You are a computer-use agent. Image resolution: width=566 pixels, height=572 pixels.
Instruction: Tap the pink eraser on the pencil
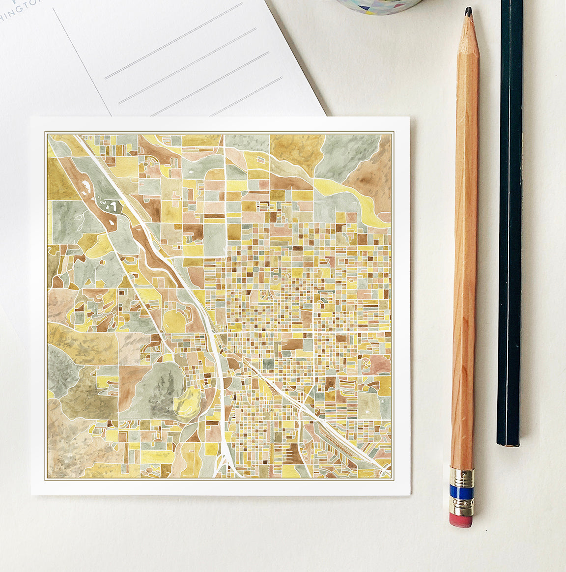tap(461, 520)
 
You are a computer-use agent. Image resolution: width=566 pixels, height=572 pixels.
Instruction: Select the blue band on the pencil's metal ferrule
tap(462, 492)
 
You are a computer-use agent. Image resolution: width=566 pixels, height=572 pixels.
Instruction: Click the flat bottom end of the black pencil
tap(508, 443)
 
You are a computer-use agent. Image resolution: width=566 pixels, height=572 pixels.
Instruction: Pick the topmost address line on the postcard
tap(174, 41)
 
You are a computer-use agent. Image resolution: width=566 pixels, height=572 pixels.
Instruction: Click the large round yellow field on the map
tap(174, 320)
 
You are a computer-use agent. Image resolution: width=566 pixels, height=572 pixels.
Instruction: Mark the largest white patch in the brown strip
tap(109, 205)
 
